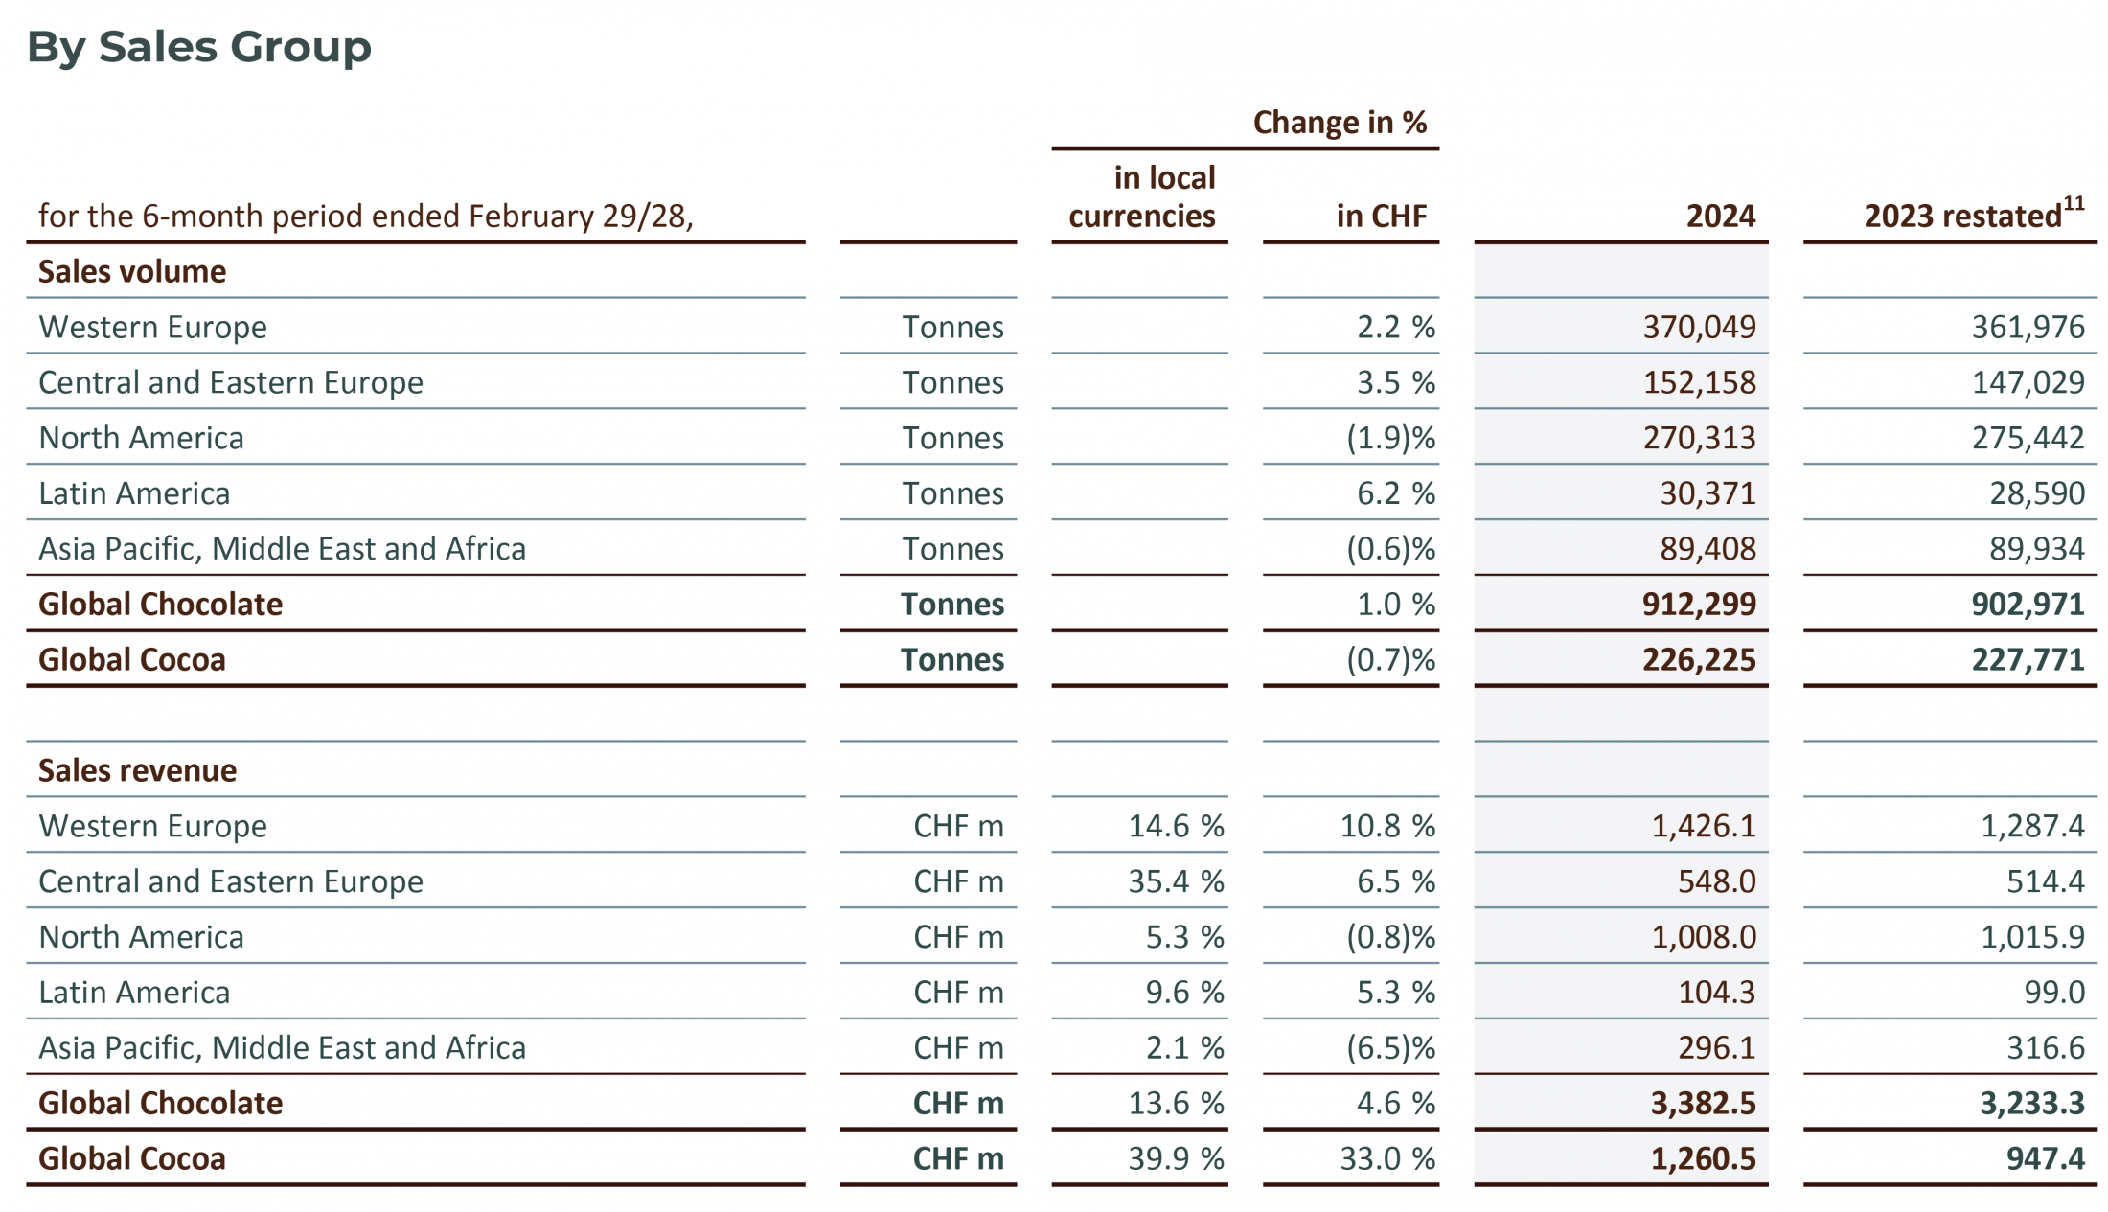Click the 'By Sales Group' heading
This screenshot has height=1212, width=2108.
tap(198, 46)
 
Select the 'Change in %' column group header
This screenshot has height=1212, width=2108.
tap(1340, 123)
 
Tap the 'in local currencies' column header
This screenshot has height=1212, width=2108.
tap(1142, 197)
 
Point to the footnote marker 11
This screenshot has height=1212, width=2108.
tap(2074, 203)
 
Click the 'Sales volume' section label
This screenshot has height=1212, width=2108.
tap(132, 272)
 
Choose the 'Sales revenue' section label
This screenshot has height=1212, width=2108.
tap(137, 770)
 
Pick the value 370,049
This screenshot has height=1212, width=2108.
tap(1699, 328)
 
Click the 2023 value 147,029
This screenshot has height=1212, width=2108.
tap(2028, 383)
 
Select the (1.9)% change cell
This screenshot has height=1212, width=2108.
tap(1390, 439)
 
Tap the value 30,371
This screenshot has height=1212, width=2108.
tap(1707, 493)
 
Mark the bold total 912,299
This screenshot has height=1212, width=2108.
tap(1699, 605)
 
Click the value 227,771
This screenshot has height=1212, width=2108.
tap(2028, 660)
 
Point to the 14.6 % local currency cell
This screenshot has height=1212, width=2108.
tap(1176, 826)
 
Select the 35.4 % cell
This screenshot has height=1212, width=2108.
tap(1176, 881)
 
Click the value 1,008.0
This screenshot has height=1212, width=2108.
tap(1704, 937)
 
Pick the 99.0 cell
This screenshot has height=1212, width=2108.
tap(2054, 993)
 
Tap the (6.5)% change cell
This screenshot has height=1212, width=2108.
tap(1390, 1048)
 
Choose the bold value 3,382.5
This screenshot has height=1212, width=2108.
tap(1703, 1104)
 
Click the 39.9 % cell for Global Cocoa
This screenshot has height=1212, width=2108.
tap(1176, 1159)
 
